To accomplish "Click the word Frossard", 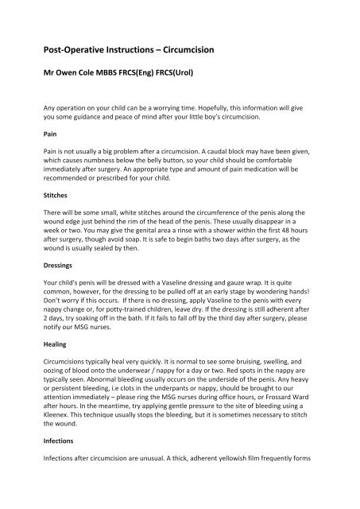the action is coord(276,420).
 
